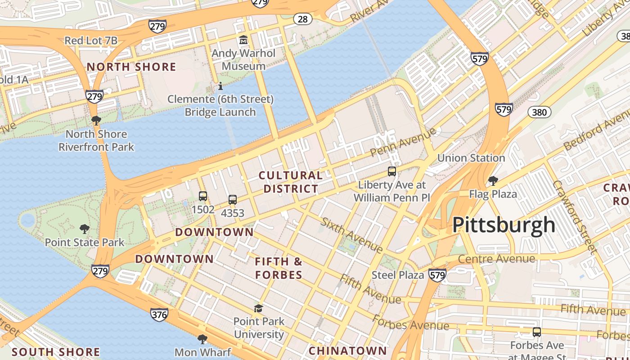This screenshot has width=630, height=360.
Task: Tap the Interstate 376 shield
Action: [159, 314]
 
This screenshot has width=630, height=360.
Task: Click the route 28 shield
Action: [303, 18]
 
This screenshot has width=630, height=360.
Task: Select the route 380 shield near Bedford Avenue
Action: [540, 112]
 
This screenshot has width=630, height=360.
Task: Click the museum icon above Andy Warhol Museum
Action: [243, 40]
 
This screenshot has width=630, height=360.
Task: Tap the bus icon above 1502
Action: [203, 196]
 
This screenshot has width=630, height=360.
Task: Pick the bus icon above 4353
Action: [233, 200]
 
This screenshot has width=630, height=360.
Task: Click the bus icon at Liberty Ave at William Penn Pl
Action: [392, 171]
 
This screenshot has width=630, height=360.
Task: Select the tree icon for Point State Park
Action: [84, 229]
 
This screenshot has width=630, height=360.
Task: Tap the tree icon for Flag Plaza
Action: [493, 181]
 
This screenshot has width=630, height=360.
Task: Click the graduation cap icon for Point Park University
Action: [258, 308]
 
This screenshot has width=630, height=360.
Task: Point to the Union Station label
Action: [471, 158]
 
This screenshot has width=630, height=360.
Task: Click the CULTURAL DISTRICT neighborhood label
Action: [291, 182]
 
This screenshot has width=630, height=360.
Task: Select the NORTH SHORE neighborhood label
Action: [131, 67]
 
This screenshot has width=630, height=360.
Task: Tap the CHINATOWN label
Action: [347, 351]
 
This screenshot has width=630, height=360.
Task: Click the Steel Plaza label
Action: [398, 274]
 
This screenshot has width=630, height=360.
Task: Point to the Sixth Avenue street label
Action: [351, 234]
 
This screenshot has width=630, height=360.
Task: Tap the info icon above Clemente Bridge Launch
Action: [220, 86]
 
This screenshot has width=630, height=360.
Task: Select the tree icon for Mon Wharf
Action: [202, 339]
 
